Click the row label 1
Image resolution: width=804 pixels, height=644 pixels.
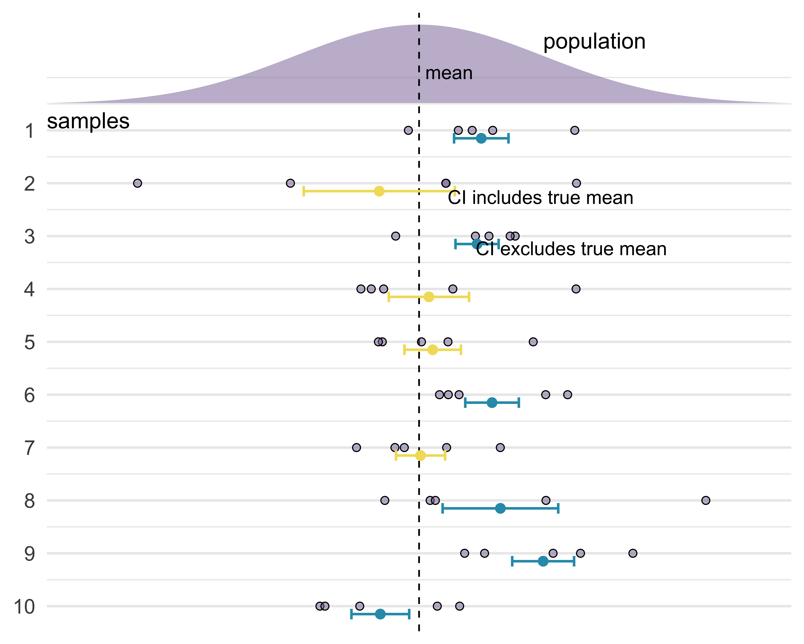click(29, 131)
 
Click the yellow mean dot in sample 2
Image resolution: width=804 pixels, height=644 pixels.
click(379, 191)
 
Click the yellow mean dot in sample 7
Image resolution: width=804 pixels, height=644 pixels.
click(420, 456)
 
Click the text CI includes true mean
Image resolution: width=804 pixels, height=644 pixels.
click(540, 198)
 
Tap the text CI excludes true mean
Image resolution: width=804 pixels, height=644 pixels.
click(571, 249)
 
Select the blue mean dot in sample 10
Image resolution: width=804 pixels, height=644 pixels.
click(380, 614)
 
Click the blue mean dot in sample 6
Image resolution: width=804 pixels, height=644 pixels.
click(492, 402)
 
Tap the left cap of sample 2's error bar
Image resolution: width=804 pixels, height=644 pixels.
click(304, 191)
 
